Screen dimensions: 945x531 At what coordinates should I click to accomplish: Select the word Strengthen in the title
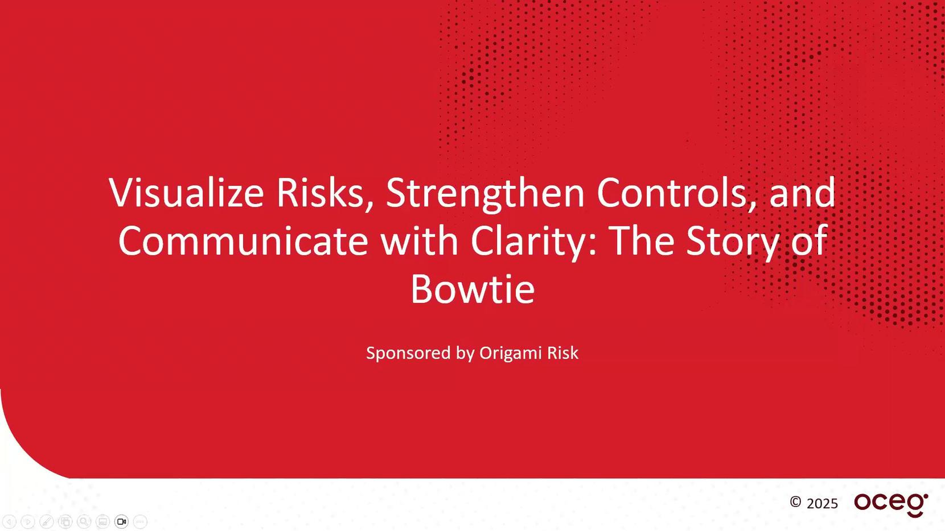point(485,194)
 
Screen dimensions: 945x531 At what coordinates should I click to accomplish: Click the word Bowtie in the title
point(472,289)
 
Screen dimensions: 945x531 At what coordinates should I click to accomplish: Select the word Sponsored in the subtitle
point(408,353)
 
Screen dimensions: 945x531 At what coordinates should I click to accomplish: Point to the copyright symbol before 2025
point(795,502)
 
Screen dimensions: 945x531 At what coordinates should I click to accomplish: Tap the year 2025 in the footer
point(822,504)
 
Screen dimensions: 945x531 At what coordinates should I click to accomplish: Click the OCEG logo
point(891,505)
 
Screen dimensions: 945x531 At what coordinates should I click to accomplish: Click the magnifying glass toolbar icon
point(84,522)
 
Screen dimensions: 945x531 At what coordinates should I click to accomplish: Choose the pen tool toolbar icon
point(47,522)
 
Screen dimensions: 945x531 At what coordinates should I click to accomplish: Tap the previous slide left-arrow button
point(9,522)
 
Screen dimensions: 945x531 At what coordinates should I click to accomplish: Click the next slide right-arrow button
point(28,522)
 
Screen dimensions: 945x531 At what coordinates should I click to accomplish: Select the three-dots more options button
point(140,522)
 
